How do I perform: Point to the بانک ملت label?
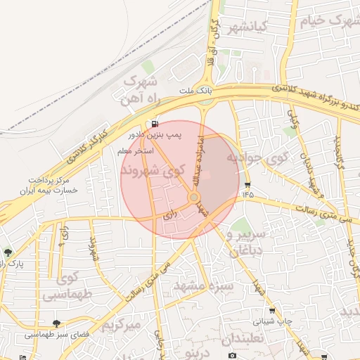(195, 91)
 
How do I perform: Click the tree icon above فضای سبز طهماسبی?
(56, 323)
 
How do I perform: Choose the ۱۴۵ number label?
(247, 194)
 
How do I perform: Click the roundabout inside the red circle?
(193, 198)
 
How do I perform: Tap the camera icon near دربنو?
(232, 355)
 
